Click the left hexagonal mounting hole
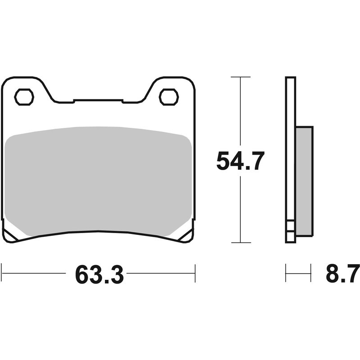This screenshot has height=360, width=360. (x=24, y=97)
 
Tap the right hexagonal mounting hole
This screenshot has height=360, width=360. (x=169, y=97)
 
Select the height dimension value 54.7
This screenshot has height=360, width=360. (x=240, y=161)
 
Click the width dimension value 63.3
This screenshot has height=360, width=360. (x=99, y=274)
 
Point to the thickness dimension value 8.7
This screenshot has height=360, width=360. (x=342, y=274)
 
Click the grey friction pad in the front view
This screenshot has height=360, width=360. (x=98, y=180)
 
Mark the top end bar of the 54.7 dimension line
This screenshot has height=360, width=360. (x=240, y=77)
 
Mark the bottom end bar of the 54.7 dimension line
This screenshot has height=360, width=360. (x=240, y=243)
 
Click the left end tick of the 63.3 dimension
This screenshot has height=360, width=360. (x=2, y=273)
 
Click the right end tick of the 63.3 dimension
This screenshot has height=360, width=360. (x=195, y=273)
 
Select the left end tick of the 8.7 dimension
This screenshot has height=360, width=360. (x=286, y=273)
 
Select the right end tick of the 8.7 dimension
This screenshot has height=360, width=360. (x=310, y=273)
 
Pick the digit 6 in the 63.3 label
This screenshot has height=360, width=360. (x=83, y=274)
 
